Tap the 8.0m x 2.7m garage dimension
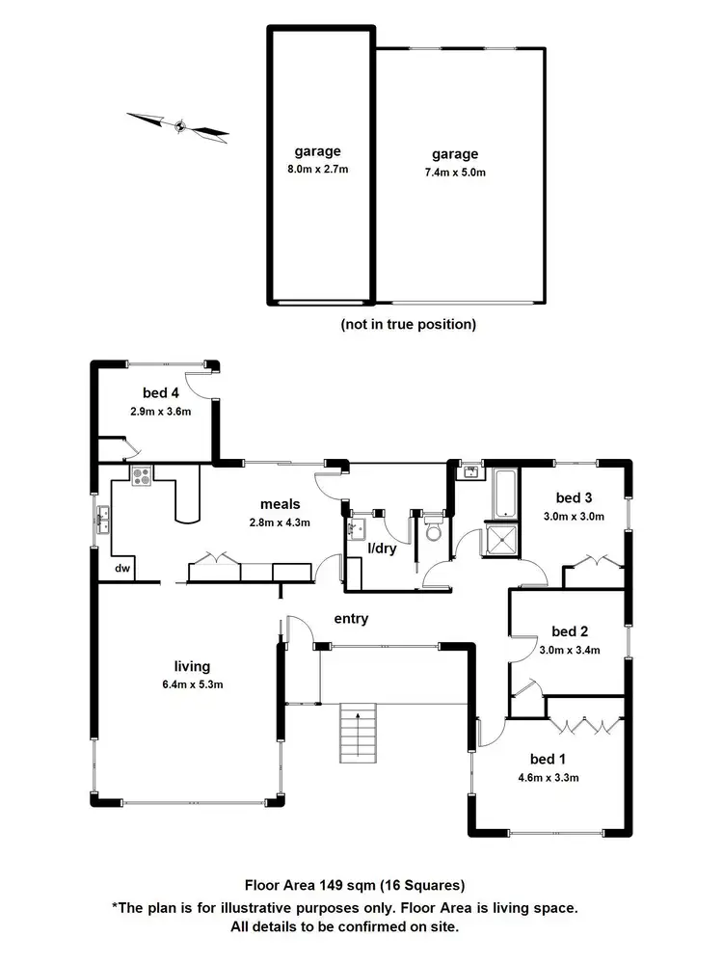click(317, 169)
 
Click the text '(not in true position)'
click(408, 324)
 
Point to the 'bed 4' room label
click(161, 392)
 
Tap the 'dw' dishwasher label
click(123, 570)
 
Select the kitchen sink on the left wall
click(102, 522)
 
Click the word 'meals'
click(280, 503)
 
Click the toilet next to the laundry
click(433, 529)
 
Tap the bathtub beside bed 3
click(503, 492)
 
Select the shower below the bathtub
click(502, 541)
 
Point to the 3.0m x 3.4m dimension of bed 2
click(569, 650)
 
